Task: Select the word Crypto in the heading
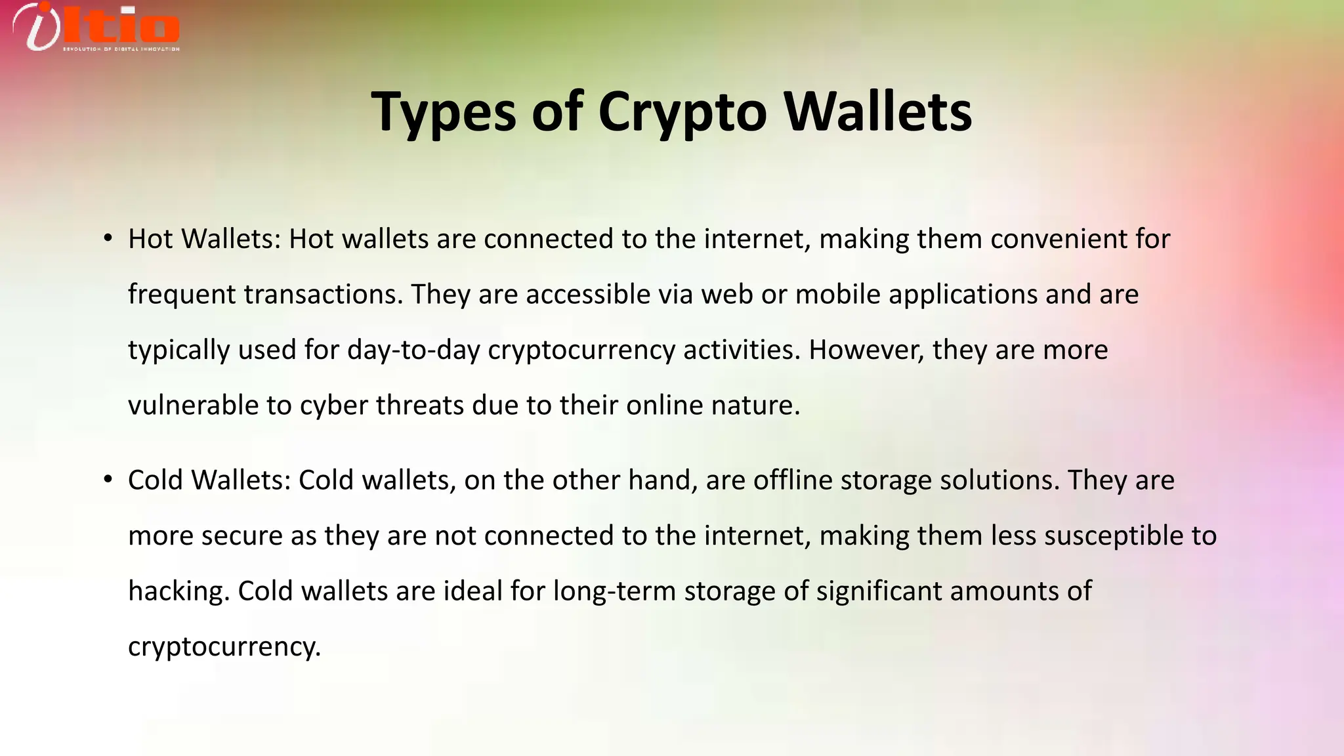682,112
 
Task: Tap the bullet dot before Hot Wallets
108,238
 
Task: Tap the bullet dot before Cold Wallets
108,480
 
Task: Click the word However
866,350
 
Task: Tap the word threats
420,405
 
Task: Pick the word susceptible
1113,535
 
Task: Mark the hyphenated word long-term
614,591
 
